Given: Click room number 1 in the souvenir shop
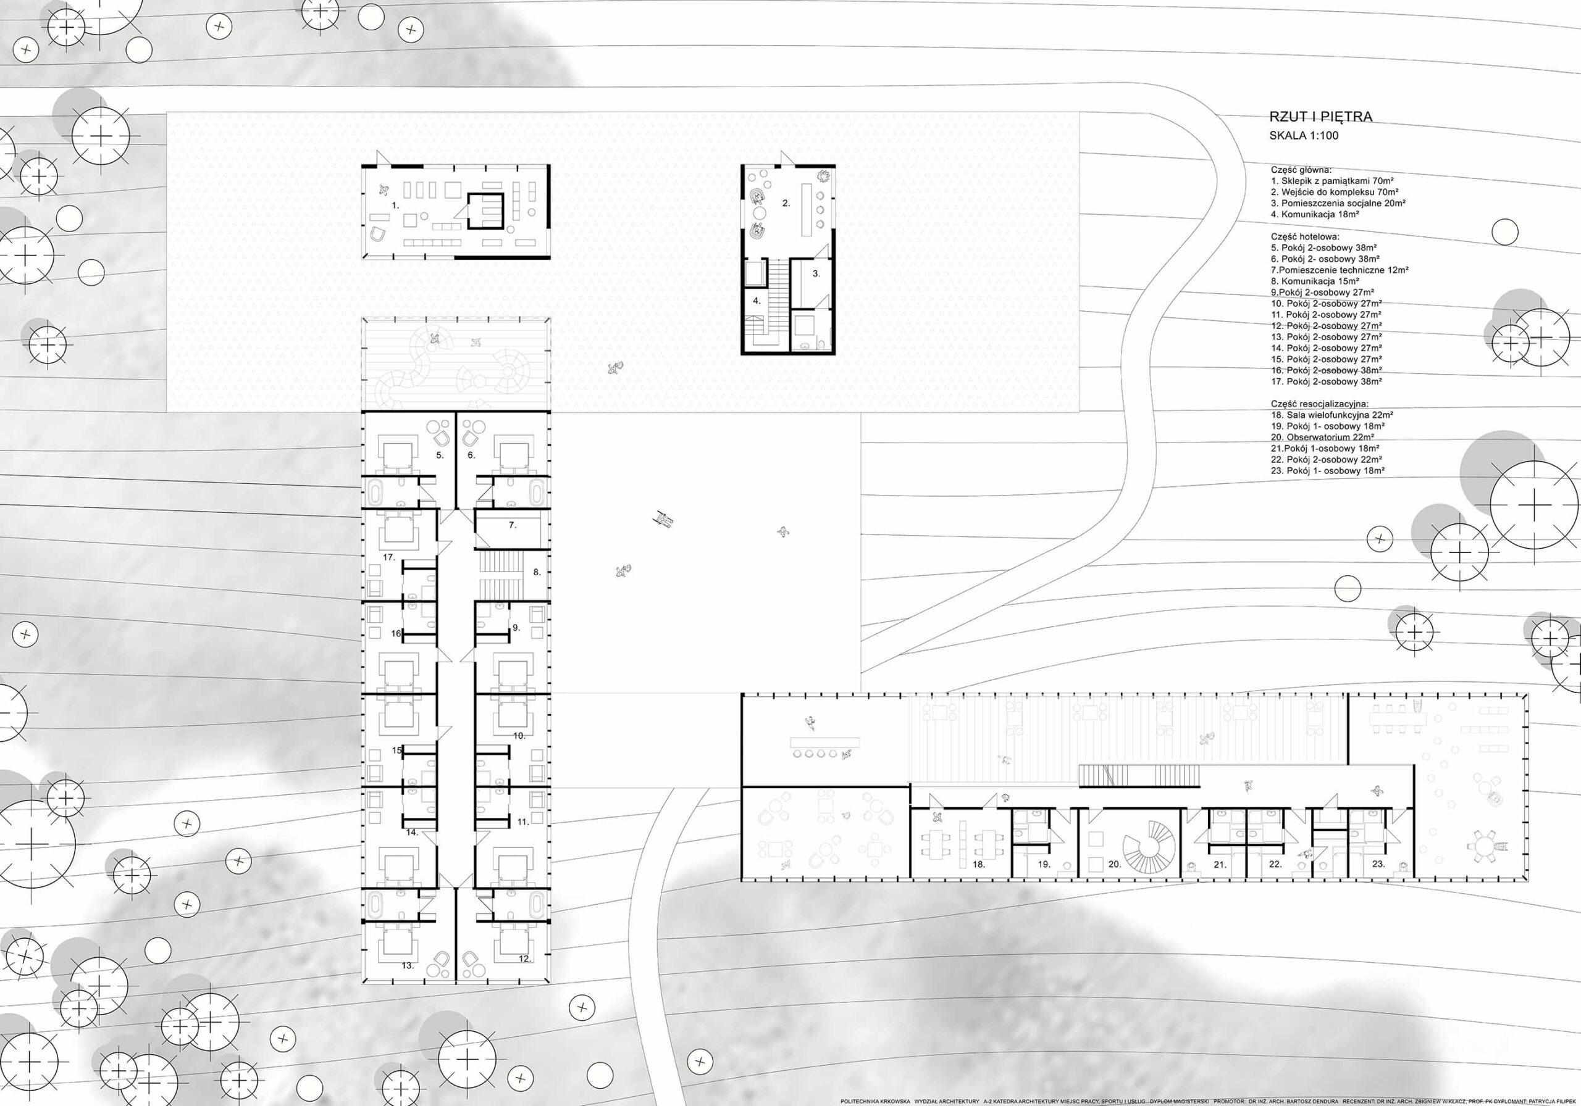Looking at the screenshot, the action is point(395,205).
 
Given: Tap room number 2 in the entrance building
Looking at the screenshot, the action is point(786,203).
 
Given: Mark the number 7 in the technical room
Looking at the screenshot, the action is point(513,525).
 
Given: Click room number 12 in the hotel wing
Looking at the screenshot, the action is point(525,958).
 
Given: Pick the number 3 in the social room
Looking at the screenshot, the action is point(816,273).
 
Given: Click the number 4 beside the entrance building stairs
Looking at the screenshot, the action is point(756,301).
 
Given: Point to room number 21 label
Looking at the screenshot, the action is point(1220,865).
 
